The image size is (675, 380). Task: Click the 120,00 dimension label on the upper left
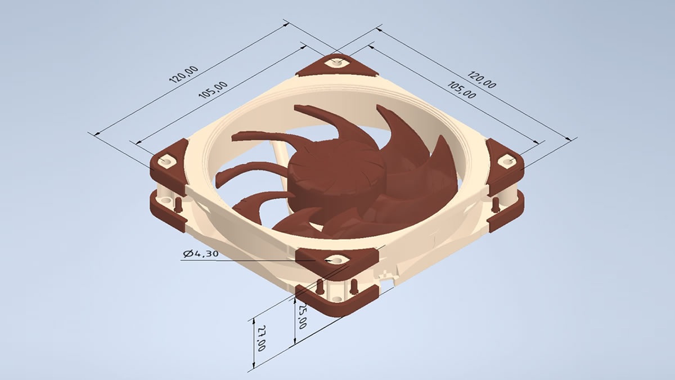[x=183, y=74]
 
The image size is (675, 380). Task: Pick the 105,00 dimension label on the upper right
[x=462, y=90]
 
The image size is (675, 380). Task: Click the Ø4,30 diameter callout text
[x=200, y=254]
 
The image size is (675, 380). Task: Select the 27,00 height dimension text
[x=261, y=340]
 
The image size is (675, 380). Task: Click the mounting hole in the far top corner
[x=337, y=62]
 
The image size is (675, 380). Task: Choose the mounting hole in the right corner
[x=508, y=162]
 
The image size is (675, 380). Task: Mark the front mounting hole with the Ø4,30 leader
[x=336, y=260]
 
